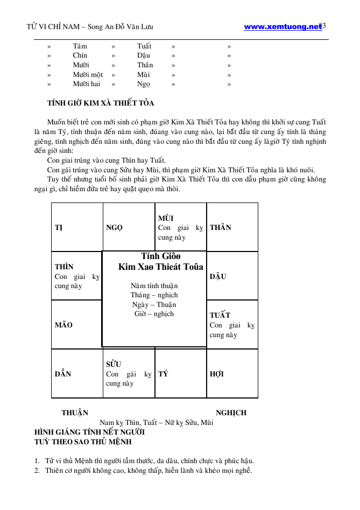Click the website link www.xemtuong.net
(282, 26)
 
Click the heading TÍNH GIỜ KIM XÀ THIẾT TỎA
(101, 103)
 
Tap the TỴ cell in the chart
(58, 228)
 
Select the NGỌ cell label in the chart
(115, 228)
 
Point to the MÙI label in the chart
(166, 218)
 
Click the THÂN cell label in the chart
(221, 228)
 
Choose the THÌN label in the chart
(64, 267)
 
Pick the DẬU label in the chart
(218, 276)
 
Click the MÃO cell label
(63, 325)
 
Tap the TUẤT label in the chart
(220, 315)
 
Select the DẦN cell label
(63, 374)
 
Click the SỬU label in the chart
(114, 364)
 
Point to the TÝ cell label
(163, 374)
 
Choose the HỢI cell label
(217, 374)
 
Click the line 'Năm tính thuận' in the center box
(154, 286)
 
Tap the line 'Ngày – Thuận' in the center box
(154, 305)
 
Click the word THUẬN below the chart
(75, 413)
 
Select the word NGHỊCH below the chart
(231, 413)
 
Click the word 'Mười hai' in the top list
(87, 84)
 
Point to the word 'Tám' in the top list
(80, 46)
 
